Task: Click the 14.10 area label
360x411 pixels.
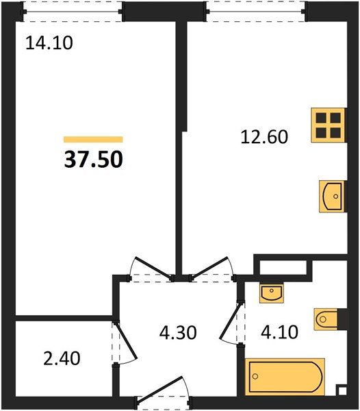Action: [49, 43]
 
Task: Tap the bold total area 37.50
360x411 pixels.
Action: [94, 160]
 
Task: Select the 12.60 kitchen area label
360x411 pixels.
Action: [264, 136]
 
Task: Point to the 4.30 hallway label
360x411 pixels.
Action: [178, 332]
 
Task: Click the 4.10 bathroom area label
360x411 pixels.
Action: [280, 332]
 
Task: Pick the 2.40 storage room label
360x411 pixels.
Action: [62, 358]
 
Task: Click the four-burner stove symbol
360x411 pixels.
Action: [328, 125]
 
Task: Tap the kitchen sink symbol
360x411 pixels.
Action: [331, 197]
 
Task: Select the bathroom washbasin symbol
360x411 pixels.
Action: [272, 293]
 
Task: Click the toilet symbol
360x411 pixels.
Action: [326, 319]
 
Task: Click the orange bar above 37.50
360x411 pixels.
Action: [93, 140]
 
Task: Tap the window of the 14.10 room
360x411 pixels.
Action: [73, 12]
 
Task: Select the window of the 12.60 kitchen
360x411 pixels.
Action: [255, 12]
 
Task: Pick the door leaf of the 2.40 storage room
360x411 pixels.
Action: [126, 340]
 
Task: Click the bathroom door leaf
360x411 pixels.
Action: [231, 321]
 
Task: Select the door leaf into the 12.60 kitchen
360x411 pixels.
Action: [209, 267]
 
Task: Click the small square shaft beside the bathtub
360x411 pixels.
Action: [342, 391]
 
